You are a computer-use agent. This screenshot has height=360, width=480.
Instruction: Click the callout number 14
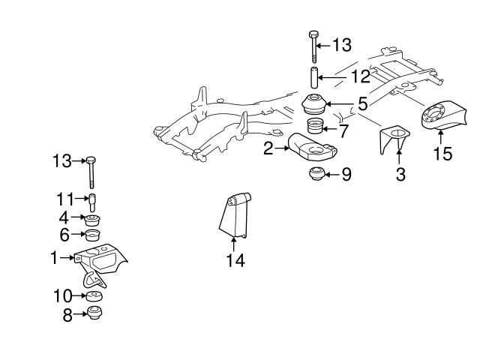pos(235,261)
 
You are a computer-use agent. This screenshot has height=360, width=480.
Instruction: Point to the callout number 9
pos(346,175)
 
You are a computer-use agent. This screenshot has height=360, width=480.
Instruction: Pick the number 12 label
pos(360,76)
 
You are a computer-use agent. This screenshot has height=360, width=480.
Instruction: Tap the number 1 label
pos(53,257)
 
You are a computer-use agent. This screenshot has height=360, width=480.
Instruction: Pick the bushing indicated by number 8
pos(94,313)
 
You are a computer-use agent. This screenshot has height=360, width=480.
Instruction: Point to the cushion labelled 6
pos(94,237)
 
